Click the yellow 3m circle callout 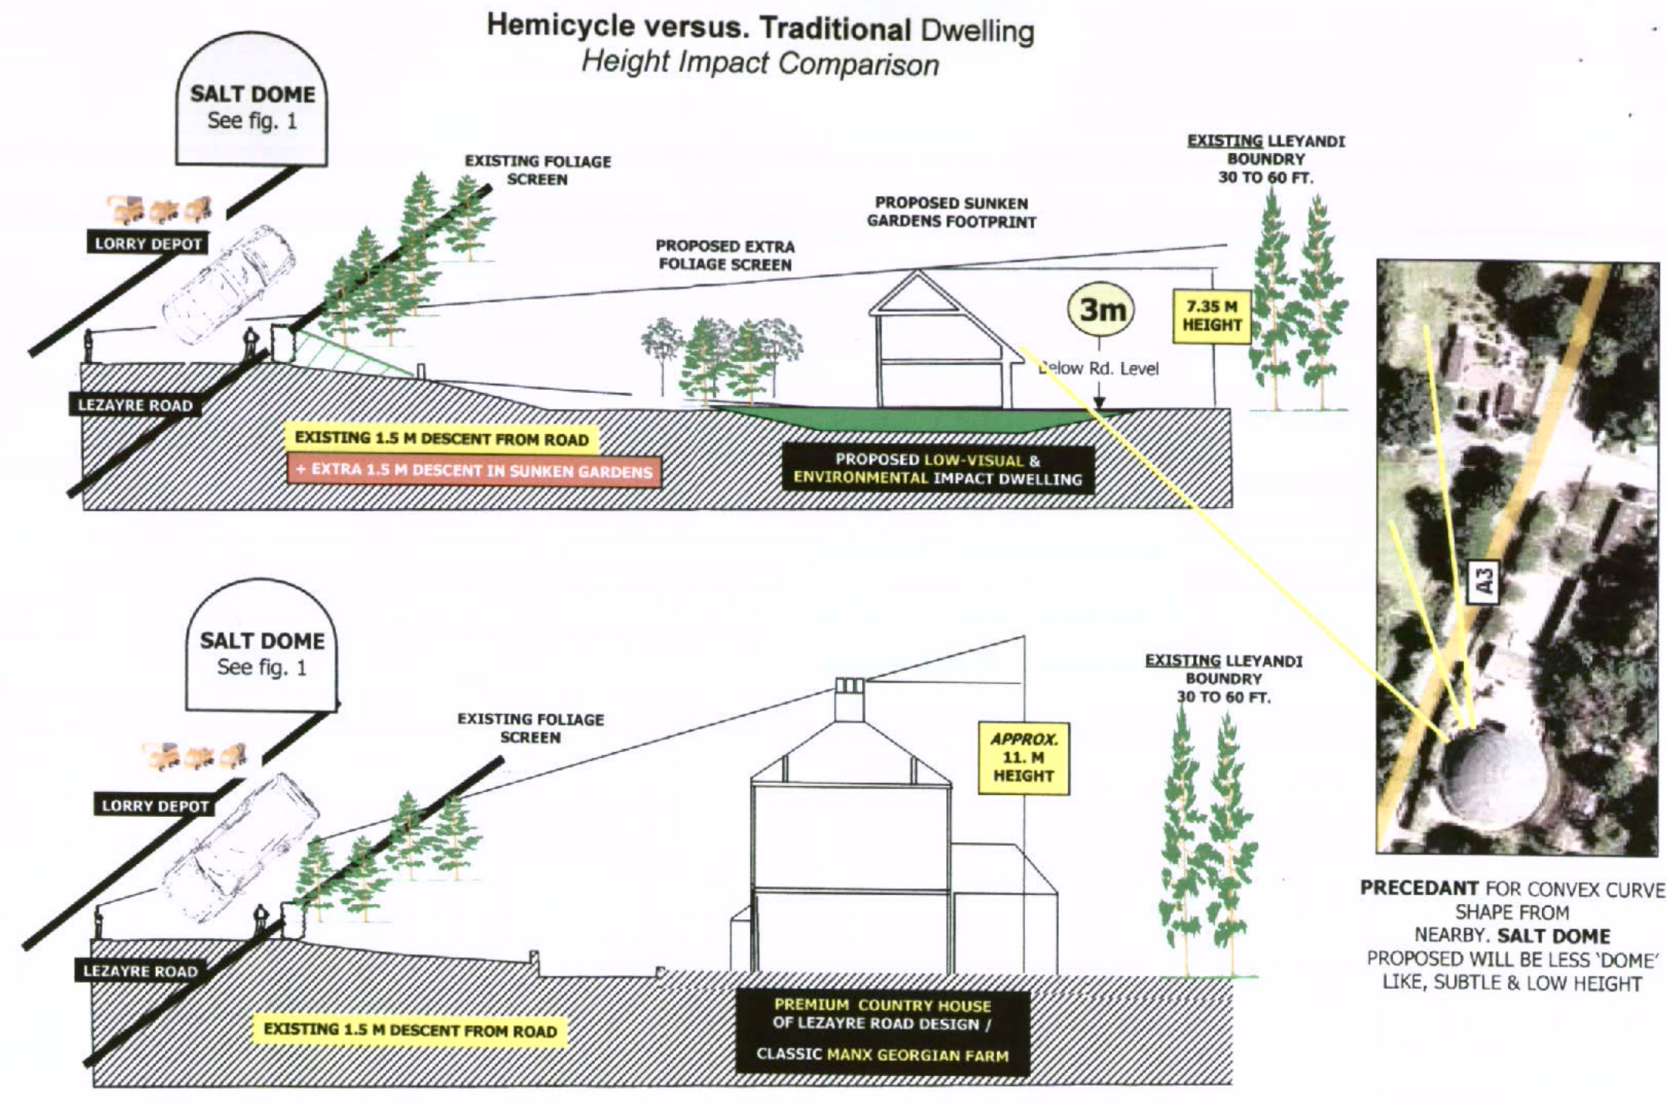tap(1101, 310)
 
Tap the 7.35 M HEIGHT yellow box tap(1211, 316)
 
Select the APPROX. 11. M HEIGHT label tap(1023, 757)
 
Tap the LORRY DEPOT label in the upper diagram tap(148, 244)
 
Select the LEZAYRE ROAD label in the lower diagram tap(140, 970)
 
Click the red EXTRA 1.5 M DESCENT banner tap(474, 471)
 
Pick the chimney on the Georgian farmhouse tap(849, 699)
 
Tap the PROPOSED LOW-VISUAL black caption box tap(938, 469)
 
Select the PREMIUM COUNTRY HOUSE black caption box tap(882, 1031)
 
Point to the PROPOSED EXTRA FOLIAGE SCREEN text tap(725, 255)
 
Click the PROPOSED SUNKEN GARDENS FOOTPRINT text tap(951, 212)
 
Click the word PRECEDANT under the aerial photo tap(1418, 888)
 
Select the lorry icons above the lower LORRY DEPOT tap(194, 756)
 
